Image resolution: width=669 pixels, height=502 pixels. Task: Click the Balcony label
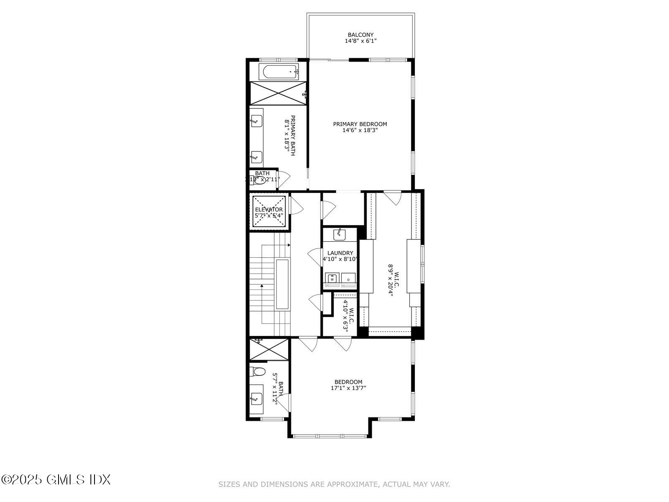360,35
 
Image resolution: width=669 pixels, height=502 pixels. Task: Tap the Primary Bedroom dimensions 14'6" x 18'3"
360,131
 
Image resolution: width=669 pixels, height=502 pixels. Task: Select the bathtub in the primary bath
278,72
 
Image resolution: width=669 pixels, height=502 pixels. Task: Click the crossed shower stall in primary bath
278,93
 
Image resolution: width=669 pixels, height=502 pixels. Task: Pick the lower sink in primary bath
256,157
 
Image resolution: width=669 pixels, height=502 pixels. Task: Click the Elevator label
268,210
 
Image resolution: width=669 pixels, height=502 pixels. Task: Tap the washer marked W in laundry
332,278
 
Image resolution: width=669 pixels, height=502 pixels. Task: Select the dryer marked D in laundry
348,278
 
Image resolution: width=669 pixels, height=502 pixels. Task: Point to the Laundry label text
340,253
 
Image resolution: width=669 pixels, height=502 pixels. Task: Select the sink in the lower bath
256,397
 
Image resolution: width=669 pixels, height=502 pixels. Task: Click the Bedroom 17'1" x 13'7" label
348,385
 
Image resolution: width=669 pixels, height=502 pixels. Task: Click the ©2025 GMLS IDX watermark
56,479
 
